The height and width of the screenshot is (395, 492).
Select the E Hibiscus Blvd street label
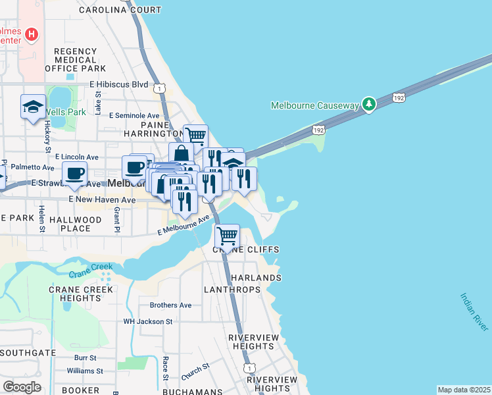(x=118, y=85)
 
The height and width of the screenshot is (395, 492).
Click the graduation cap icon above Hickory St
(x=33, y=107)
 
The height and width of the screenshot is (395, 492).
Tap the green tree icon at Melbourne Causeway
(x=370, y=104)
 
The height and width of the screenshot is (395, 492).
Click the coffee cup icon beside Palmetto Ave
(x=74, y=173)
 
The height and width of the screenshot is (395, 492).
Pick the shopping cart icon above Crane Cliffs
(x=227, y=235)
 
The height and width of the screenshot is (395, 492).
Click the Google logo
(x=22, y=387)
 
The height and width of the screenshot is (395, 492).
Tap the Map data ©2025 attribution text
(x=464, y=390)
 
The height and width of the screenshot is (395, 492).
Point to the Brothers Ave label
(x=170, y=305)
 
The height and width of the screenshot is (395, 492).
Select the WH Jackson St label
(x=148, y=322)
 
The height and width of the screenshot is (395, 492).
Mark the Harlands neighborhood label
(x=256, y=278)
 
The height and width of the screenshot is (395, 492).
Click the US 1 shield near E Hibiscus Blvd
(x=159, y=88)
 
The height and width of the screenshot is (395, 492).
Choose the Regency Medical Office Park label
(x=76, y=59)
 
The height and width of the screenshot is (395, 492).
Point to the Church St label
(x=195, y=371)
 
